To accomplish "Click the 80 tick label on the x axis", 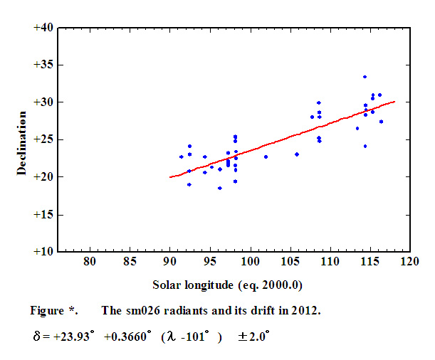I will point(90,263).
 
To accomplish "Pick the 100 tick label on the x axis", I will point(249,263).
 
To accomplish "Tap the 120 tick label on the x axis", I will point(409,263).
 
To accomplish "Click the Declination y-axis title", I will point(21,139).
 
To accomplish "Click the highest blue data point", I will point(365,77).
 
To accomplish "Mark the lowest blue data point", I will point(220,188).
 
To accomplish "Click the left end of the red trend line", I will point(170,177).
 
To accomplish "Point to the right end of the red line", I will point(394,101).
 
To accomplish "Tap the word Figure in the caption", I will point(46,311).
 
